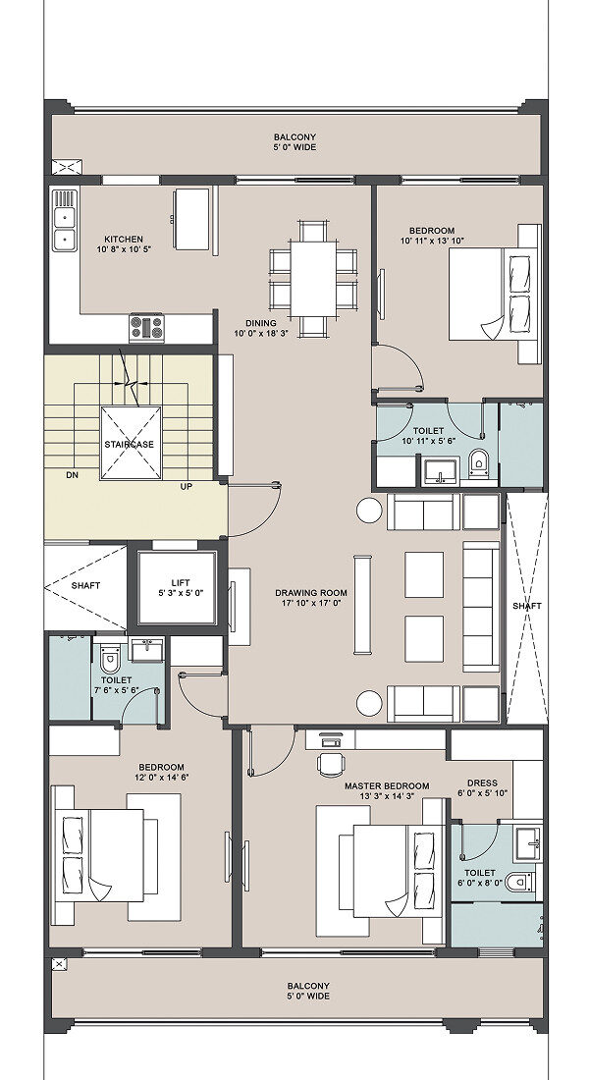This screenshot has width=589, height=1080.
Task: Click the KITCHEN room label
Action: tap(124, 239)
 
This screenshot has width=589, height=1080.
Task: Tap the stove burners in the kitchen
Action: tap(147, 327)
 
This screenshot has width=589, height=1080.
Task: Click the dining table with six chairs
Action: tap(313, 278)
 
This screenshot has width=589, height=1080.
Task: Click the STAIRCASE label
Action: tap(130, 444)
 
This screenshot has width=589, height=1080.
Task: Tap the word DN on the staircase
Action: tap(73, 474)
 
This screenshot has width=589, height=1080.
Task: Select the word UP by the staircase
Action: tap(186, 486)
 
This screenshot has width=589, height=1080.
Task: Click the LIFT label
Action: tap(180, 582)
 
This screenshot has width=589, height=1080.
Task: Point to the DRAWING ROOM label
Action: tap(310, 592)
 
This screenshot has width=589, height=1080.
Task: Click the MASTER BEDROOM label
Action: tap(387, 785)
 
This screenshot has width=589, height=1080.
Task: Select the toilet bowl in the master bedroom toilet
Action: tap(518, 881)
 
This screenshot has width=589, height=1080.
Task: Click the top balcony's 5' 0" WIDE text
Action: tap(294, 146)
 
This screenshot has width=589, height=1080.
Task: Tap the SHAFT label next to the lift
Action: tap(86, 585)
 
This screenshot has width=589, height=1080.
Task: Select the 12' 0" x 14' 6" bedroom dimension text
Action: tap(161, 777)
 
